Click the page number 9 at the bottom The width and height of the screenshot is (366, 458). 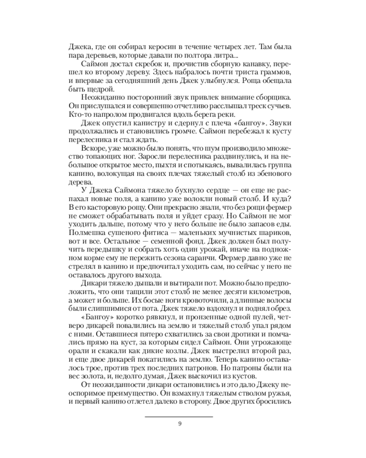(180, 423)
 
